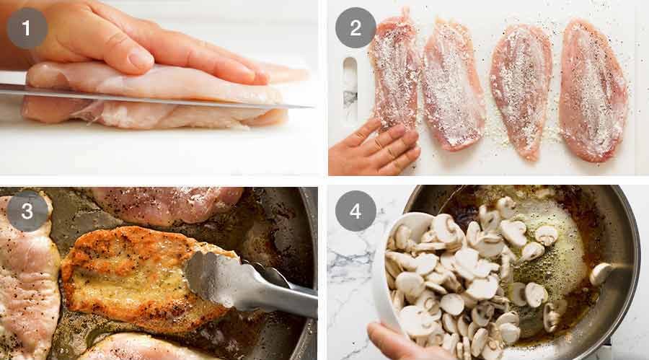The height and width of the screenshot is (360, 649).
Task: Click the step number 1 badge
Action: click(x=27, y=28)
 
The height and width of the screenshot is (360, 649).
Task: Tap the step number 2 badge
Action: click(x=356, y=28)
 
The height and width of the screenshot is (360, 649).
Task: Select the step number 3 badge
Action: click(x=27, y=211)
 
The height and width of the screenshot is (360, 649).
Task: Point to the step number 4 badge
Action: click(x=356, y=211)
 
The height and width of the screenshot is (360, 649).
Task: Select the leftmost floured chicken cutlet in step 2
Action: click(x=394, y=72)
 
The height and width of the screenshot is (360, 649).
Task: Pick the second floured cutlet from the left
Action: click(x=452, y=83)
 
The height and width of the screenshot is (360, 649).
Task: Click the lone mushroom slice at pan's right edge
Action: click(x=600, y=273)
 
